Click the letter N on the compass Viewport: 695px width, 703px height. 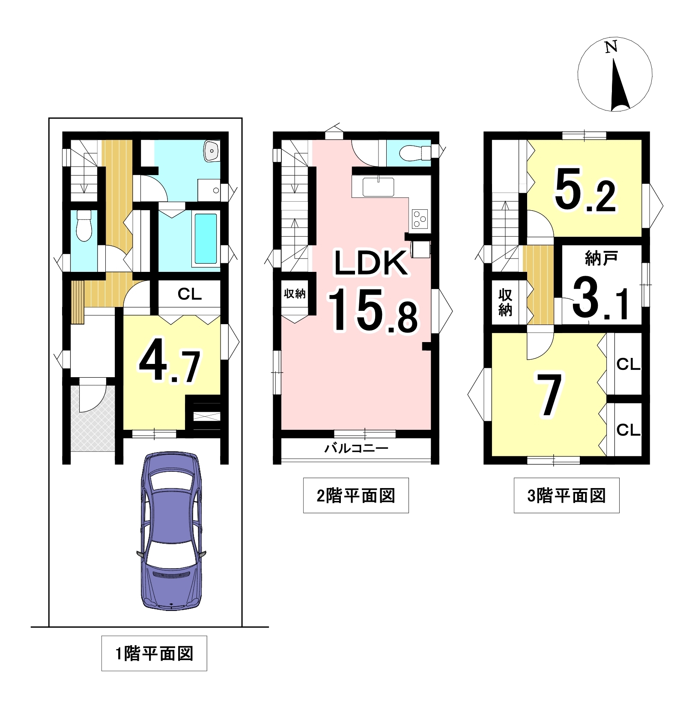pos(611,47)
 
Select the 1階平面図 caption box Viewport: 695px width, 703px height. pos(154,653)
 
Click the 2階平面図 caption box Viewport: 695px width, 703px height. pos(356,495)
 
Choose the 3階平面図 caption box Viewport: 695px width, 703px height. pos(567,495)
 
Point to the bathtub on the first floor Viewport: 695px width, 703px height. pos(206,238)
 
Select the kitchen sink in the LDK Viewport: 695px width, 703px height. pos(378,187)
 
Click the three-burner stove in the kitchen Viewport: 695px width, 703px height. pos(420,219)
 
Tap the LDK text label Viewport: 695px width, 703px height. pos(371,263)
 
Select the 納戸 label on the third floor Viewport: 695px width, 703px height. pos(601,258)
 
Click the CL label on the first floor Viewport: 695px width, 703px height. pos(189,294)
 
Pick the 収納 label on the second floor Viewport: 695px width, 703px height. pos(295,293)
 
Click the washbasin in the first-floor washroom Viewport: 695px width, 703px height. pos(212,151)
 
